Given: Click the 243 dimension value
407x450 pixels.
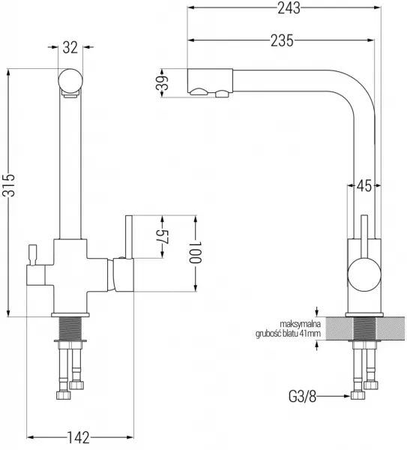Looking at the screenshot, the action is point(289,8).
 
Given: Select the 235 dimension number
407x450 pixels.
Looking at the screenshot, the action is point(283,40).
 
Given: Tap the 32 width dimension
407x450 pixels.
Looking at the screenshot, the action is point(70,47).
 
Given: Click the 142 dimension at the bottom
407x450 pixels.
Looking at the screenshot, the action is point(78,438).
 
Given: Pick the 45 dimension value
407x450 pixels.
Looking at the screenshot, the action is point(364,186).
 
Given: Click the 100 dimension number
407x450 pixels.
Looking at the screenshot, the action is point(196,252).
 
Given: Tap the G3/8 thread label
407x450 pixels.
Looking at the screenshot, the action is point(302,397).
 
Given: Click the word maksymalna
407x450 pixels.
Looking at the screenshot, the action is point(300,324).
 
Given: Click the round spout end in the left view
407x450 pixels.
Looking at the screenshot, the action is point(70,81).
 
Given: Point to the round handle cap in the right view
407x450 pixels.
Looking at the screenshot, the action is point(364,274).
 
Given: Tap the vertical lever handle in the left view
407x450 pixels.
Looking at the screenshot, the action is point(128,237).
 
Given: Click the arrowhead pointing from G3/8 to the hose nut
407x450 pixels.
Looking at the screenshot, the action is point(347,396).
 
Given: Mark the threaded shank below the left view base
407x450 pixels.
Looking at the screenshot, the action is point(70,328).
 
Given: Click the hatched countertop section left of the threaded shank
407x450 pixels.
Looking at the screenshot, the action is point(340,328).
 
